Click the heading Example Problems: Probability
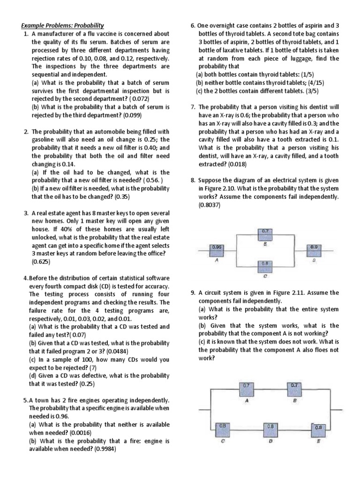tap(61, 25)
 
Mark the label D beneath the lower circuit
tap(270, 442)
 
